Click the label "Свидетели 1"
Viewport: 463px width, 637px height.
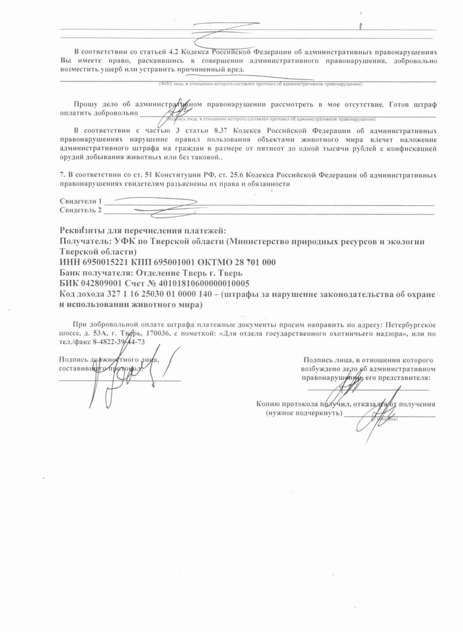coord(81,201)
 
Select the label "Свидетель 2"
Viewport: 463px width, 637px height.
coord(81,210)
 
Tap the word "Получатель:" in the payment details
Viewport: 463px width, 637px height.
coord(85,242)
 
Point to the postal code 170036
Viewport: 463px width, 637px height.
coord(158,333)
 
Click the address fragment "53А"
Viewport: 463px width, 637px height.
coord(100,333)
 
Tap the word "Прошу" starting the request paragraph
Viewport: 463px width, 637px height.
coord(86,105)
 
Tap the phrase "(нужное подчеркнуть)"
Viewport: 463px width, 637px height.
coord(304,413)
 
